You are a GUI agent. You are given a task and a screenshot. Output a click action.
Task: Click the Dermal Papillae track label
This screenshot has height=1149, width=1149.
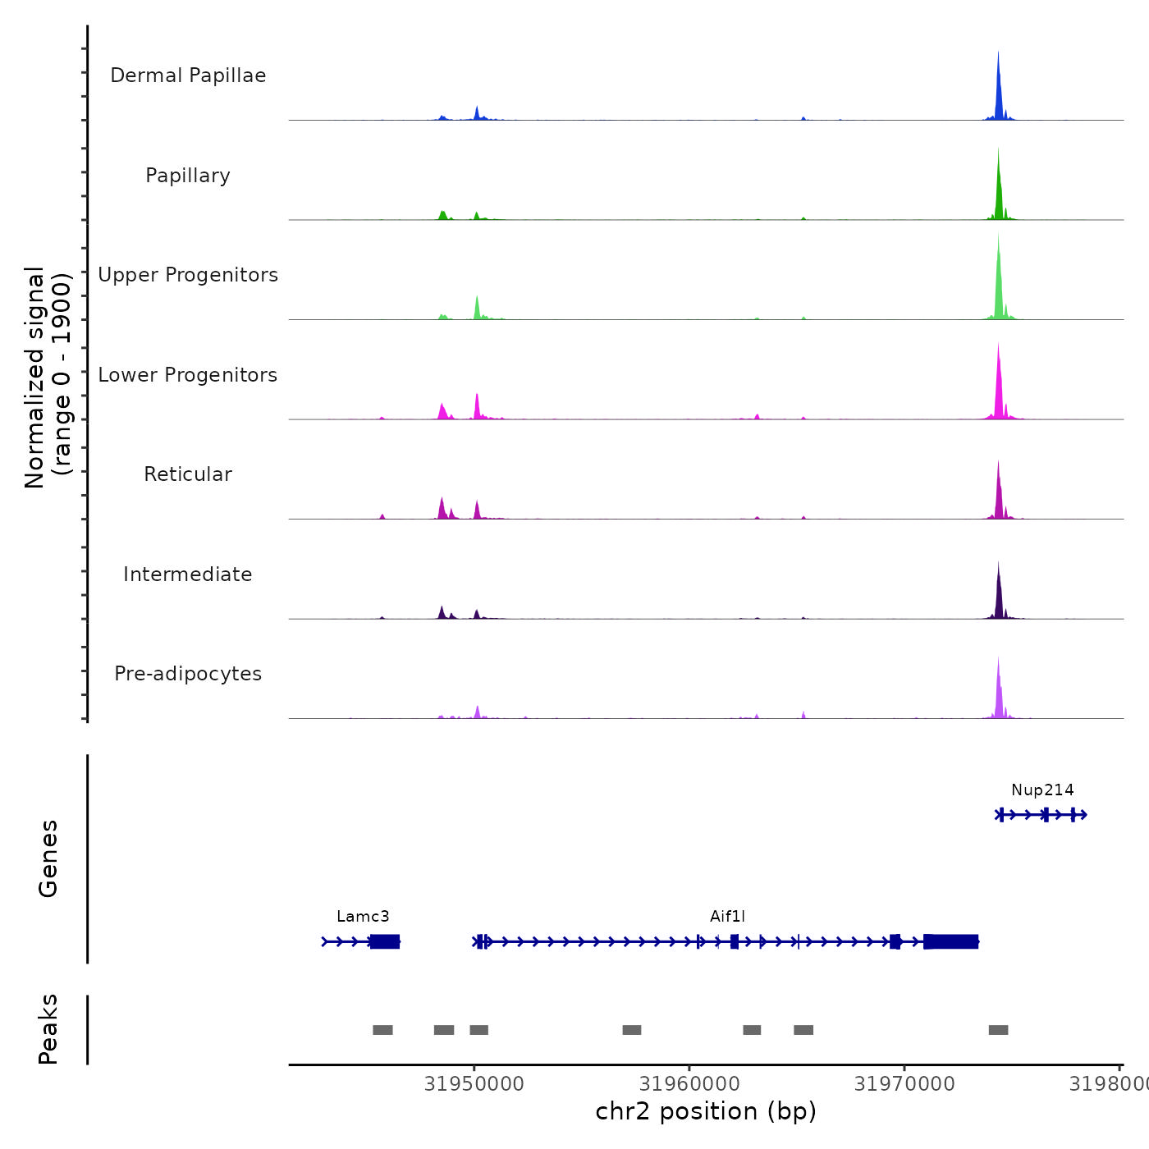click(188, 76)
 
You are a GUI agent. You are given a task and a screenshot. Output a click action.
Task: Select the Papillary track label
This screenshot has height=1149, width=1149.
click(188, 176)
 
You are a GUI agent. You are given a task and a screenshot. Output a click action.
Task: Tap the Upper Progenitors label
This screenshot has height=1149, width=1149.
click(188, 275)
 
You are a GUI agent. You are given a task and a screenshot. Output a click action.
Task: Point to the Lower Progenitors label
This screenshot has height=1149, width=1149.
click(188, 375)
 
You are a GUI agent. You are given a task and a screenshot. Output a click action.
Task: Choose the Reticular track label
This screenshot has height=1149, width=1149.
click(188, 474)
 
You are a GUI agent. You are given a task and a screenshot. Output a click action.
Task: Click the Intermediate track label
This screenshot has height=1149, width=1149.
click(188, 574)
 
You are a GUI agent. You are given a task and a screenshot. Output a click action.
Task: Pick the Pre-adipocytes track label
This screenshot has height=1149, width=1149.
click(188, 674)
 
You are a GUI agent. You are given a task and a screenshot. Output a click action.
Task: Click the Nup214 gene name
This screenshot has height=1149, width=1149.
click(1042, 790)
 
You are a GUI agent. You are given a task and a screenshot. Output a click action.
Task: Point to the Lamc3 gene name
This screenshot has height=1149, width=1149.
click(363, 917)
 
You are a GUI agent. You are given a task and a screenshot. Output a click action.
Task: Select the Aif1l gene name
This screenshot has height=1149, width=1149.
click(727, 917)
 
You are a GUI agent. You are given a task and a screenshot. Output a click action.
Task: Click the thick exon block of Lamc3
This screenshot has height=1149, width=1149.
click(385, 941)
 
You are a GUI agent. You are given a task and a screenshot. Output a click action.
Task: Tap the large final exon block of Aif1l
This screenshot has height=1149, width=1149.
click(951, 941)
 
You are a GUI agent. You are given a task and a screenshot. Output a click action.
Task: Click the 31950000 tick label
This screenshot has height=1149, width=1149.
click(474, 1084)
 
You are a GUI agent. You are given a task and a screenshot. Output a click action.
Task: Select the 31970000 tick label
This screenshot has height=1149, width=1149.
click(904, 1084)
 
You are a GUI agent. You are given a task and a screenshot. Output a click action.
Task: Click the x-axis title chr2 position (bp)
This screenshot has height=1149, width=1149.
click(706, 1111)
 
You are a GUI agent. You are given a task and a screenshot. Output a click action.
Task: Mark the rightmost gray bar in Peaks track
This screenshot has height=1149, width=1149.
click(998, 1030)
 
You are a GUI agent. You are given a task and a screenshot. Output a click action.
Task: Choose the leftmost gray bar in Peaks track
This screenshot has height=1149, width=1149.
click(382, 1030)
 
